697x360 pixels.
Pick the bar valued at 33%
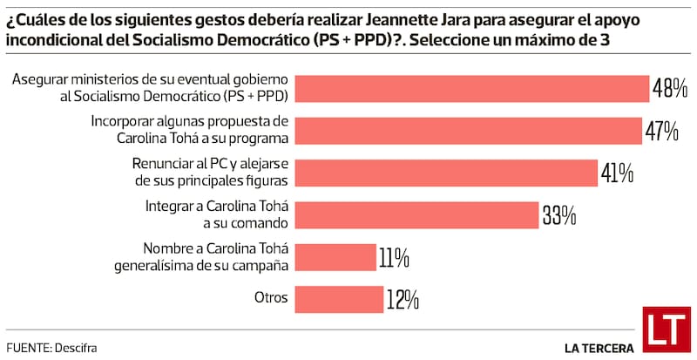point(418,214)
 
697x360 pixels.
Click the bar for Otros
point(340,299)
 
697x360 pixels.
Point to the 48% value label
point(671,88)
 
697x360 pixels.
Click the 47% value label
point(661,130)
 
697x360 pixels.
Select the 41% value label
point(617,173)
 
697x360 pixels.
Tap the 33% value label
point(559,214)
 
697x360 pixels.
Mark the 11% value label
point(394,257)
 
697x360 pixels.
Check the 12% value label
point(403,299)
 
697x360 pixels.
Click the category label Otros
point(271,298)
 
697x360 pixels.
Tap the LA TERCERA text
point(599,348)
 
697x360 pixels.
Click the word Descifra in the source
point(76,348)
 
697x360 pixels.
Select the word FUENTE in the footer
point(27,348)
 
